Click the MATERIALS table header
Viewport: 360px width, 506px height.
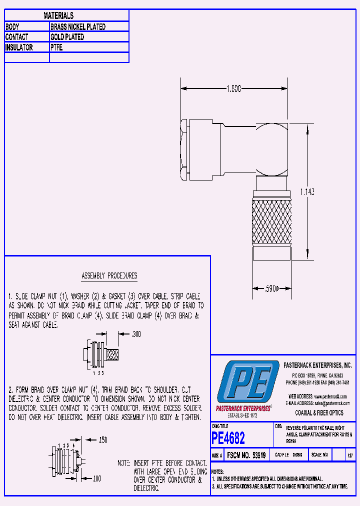coord(58,16)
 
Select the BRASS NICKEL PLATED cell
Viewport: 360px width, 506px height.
coord(78,27)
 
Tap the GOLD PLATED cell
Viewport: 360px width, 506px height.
coord(67,37)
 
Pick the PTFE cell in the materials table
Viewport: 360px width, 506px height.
coord(56,47)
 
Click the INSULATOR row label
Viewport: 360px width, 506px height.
coord(19,47)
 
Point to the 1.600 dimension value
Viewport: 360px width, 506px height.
coord(233,88)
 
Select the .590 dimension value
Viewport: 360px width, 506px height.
coord(270,288)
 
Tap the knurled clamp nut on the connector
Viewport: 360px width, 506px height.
coord(271,220)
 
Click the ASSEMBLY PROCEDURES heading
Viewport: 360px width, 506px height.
coord(109,276)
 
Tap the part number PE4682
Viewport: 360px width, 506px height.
coord(228,438)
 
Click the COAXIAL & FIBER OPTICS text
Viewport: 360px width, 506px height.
coord(319,413)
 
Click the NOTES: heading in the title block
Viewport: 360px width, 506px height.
coord(217,471)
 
